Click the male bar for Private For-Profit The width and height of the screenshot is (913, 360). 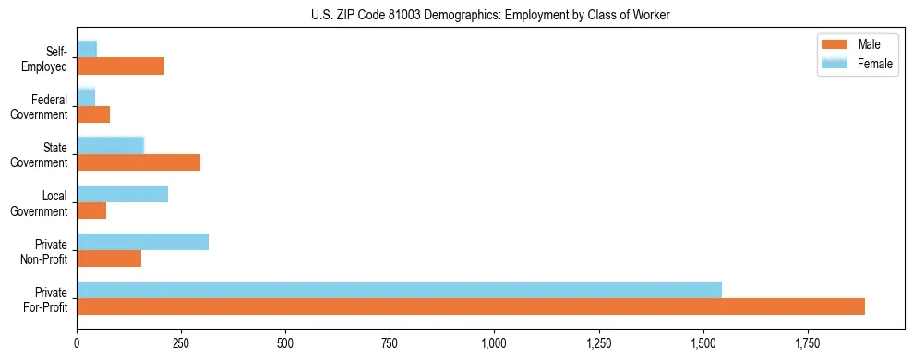471,306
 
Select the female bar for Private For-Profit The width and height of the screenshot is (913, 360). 399,290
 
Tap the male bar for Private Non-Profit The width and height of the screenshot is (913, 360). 109,258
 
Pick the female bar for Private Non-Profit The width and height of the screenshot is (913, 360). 142,242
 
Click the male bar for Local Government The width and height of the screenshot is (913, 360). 91,210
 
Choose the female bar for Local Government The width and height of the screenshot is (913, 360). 122,194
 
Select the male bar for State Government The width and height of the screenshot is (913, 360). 138,162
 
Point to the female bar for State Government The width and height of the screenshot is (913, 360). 110,146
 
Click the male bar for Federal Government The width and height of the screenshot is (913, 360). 93,114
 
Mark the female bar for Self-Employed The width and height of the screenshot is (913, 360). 87,50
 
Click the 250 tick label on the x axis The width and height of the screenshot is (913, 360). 181,343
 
